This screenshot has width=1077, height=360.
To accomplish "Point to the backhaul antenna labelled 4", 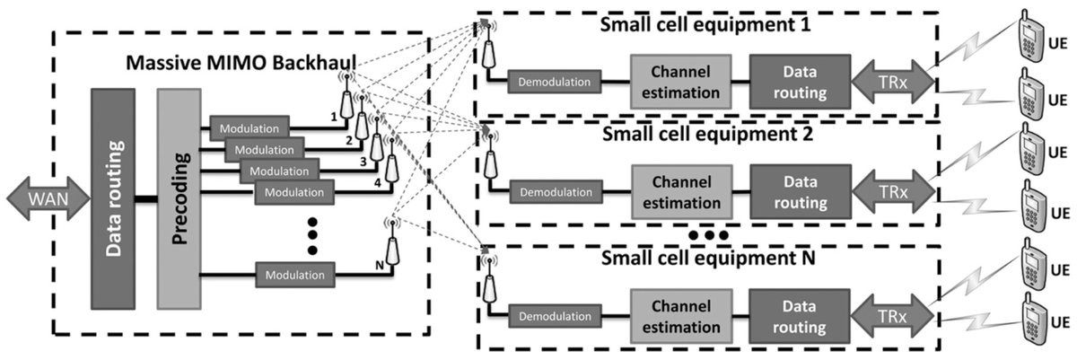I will click(391, 167).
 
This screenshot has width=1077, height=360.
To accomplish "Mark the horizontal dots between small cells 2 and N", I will click(709, 236).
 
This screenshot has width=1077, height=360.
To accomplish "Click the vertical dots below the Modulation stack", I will click(312, 235).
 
